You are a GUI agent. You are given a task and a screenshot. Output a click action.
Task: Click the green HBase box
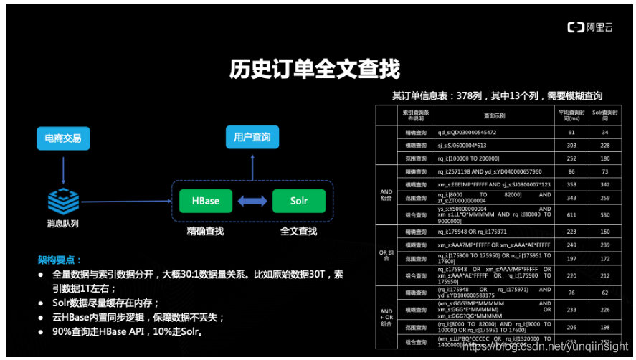206,201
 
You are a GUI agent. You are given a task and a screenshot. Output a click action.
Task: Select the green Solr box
298,201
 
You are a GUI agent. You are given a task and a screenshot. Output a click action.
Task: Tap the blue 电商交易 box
63,138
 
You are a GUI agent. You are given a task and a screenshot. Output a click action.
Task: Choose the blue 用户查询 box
252,136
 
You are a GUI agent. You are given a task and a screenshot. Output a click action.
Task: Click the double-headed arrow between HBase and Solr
252,201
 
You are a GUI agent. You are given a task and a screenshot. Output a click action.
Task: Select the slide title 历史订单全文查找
314,70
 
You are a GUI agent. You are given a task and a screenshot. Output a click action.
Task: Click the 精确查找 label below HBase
206,231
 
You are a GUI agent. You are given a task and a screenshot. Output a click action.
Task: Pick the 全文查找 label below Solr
298,231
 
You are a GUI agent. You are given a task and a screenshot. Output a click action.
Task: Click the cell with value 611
571,214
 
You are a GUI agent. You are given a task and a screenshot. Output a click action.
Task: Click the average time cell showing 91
571,132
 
